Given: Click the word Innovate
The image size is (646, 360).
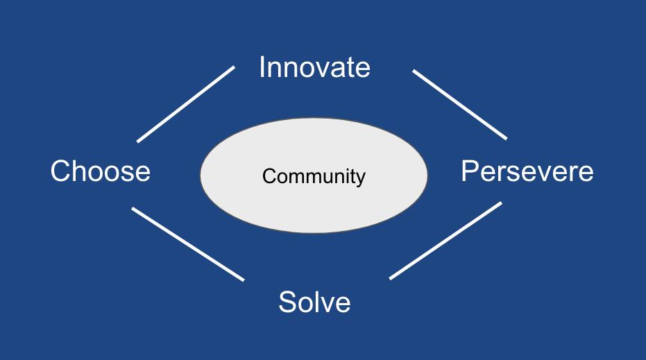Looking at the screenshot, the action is coord(314,67).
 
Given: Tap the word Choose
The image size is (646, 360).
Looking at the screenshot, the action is coord(101,171).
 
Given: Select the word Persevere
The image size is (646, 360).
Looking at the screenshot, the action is coord(527,171).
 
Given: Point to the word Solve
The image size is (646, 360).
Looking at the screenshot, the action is coord(314,302).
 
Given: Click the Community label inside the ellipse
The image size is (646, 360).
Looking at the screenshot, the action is coord(314,176).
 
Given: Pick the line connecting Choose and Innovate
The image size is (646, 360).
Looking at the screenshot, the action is coord(186,104).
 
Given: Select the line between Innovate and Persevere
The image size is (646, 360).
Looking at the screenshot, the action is coord(459,104).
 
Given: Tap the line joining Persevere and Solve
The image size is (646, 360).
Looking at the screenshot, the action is coord(445,241).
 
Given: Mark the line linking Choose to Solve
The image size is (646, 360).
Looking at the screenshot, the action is coord(188,244).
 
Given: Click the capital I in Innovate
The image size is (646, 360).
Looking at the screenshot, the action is coord(262,67).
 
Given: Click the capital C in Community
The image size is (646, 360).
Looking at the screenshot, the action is coord(269,176).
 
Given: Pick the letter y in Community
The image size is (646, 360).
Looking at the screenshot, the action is coord(360,179).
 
